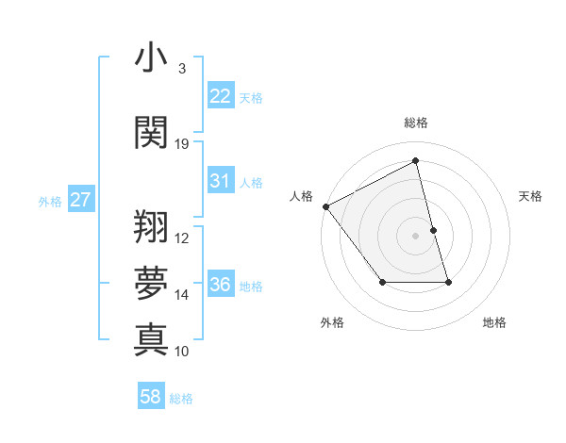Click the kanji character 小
coord(151,57)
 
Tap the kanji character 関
coord(151,132)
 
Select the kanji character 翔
coord(151,226)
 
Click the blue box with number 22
coord(220,96)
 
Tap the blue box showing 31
coord(220,181)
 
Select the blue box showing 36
coord(220,285)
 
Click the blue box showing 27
coord(80,200)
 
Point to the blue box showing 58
coord(151,397)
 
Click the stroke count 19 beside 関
coord(182,144)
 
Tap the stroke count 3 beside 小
coord(181,69)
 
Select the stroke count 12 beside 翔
coord(182,238)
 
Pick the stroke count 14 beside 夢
coord(182,295)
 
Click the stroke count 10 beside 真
coord(182,351)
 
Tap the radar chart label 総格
coord(415,123)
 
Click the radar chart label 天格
coord(530,196)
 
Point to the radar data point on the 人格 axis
coord(325,206)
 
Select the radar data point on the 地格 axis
coord(448,282)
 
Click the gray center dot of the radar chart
coord(415,236)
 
